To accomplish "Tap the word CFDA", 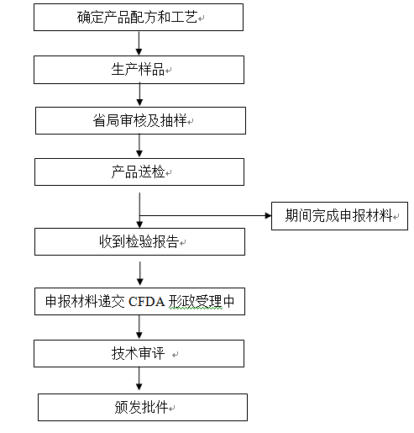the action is tap(146, 302).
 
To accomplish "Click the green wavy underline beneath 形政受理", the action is tap(196, 309).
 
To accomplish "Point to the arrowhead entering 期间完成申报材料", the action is tap(268, 215).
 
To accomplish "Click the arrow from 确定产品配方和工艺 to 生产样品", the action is tap(139, 43).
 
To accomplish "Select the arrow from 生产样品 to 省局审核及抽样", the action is tap(139, 94).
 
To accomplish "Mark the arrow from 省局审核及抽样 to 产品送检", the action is tap(139, 145).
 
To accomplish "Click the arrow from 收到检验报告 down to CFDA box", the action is tap(140, 273).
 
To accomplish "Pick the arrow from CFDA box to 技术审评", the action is tap(139, 327).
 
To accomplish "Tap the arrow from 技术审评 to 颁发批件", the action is tap(139, 378).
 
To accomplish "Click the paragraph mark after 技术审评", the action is tap(176, 355).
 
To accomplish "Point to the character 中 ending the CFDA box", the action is tap(229, 302).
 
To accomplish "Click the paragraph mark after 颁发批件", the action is tap(171, 409).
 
